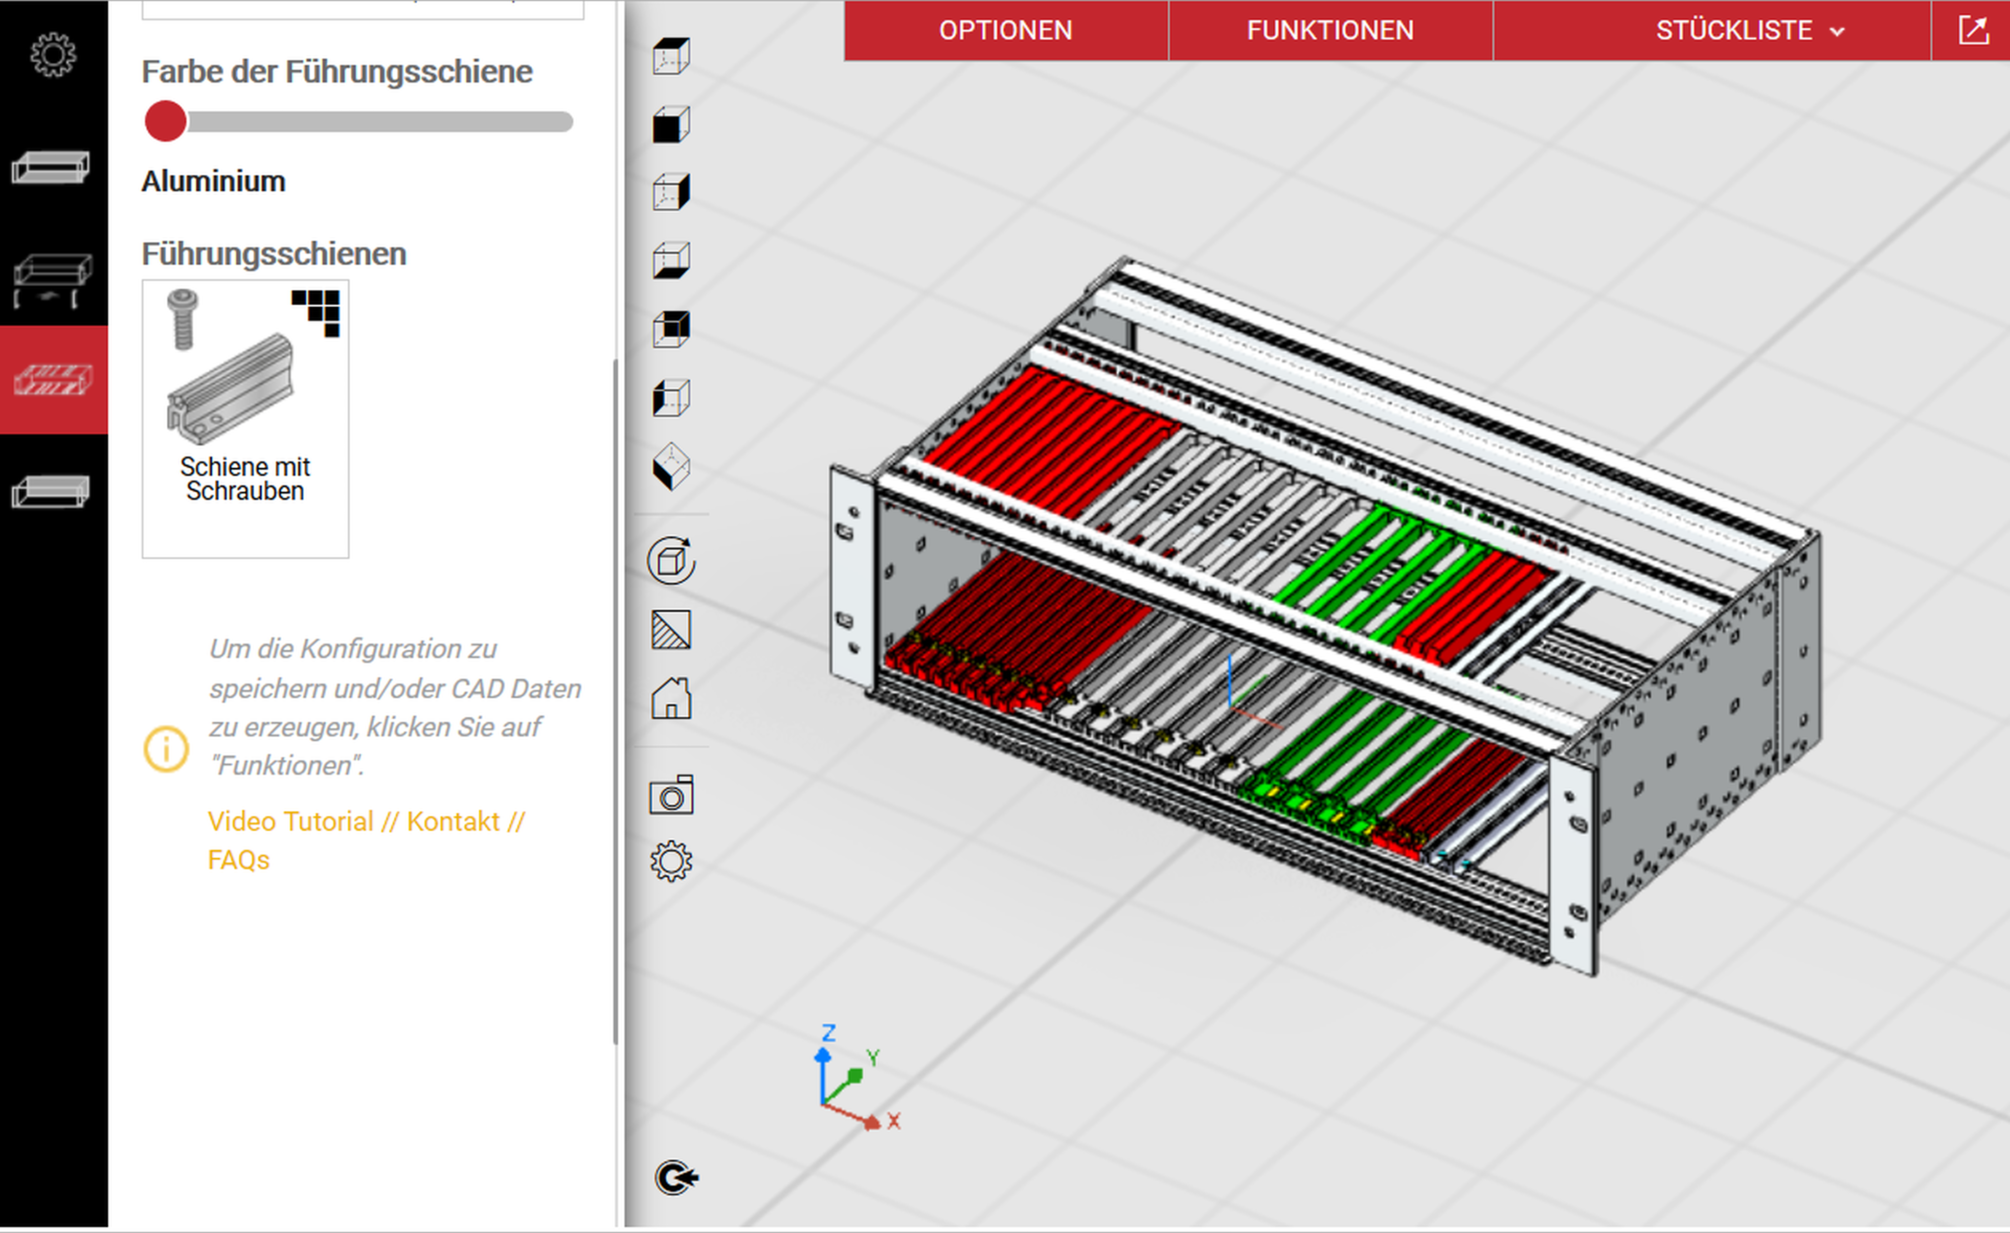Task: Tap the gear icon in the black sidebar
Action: click(53, 55)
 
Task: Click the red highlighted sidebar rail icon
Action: click(53, 380)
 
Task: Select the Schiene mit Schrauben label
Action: click(245, 478)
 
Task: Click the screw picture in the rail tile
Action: click(183, 318)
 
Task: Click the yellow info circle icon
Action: click(166, 748)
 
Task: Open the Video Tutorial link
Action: click(290, 821)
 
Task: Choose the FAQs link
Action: click(238, 859)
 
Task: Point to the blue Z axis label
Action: click(828, 1033)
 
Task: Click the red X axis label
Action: click(894, 1121)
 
